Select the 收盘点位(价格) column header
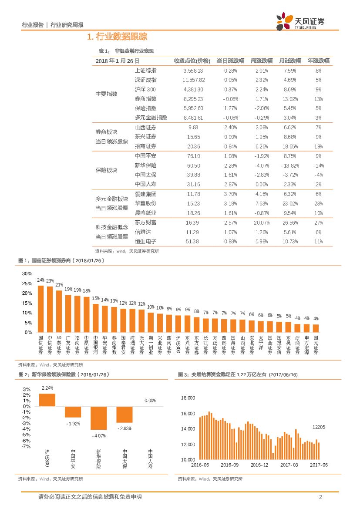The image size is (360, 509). (x=192, y=61)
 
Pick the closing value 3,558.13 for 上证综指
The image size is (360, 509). (x=193, y=70)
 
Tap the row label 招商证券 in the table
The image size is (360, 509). (x=145, y=146)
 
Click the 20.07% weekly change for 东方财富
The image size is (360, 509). (x=260, y=222)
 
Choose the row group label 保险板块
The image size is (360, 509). (x=106, y=170)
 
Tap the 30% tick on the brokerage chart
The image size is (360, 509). (x=27, y=273)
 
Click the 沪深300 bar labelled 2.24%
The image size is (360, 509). (x=47, y=400)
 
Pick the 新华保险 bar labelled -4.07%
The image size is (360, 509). (x=98, y=418)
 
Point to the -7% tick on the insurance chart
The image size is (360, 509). (x=27, y=446)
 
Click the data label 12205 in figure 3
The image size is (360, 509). (x=319, y=427)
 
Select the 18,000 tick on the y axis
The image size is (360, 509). (x=188, y=398)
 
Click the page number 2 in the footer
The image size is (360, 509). (x=320, y=497)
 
